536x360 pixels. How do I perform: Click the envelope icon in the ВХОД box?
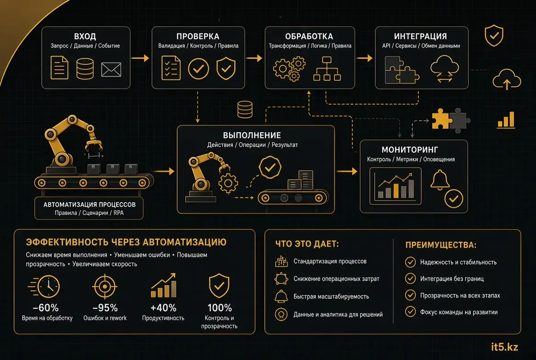[111, 69]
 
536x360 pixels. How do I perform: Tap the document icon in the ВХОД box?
[59, 68]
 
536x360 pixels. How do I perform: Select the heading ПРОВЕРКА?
[198, 36]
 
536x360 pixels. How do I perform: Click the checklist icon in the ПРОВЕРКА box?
[171, 68]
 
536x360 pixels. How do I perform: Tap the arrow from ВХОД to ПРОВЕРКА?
[140, 58]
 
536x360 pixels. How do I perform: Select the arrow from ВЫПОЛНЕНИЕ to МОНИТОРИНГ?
[346, 171]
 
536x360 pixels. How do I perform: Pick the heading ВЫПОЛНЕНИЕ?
[252, 135]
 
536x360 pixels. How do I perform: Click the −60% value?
[45, 308]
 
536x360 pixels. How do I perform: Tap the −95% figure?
[105, 308]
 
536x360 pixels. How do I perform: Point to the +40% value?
[163, 308]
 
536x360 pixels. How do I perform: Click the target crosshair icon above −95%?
[105, 287]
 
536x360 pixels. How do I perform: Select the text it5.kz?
[504, 347]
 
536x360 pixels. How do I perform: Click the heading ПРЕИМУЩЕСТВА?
[441, 245]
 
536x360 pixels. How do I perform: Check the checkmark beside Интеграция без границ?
[410, 278]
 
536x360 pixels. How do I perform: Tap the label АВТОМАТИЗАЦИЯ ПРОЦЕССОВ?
[89, 204]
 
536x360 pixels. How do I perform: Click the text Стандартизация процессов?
[330, 261]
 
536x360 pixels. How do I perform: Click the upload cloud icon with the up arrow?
[507, 79]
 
